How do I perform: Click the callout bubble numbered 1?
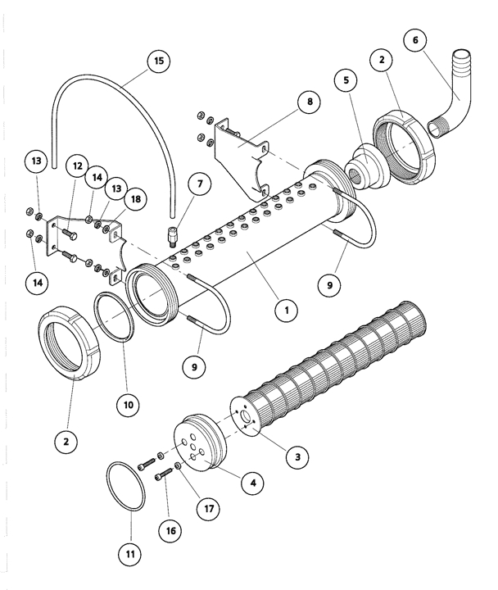(285, 311)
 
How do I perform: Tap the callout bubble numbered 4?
(254, 484)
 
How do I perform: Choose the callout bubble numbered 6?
(414, 41)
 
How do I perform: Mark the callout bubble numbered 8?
(309, 103)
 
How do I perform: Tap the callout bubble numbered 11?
(131, 554)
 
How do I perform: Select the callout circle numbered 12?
(77, 167)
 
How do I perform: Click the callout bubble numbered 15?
(158, 61)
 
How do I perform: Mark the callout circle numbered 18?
(134, 199)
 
